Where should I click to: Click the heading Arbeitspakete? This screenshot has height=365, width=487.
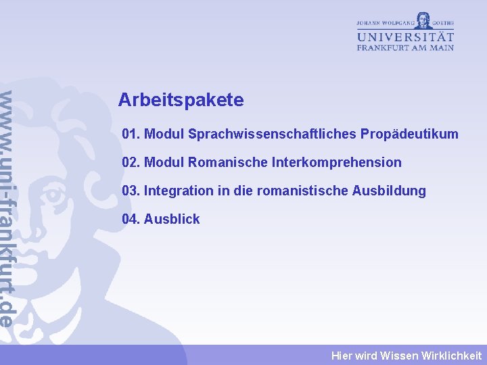coord(181,101)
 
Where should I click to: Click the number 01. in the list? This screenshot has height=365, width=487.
coord(131,135)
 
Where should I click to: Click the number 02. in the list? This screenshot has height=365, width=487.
coord(131,163)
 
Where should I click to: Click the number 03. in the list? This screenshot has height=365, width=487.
coord(131,191)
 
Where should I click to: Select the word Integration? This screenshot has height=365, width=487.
coord(179,191)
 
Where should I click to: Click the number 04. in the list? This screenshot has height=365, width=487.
coord(131,220)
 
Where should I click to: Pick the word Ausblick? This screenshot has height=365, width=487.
coord(172,220)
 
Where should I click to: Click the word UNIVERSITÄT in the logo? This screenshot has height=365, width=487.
coord(405,36)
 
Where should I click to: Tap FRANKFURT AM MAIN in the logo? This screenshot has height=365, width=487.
coord(405,48)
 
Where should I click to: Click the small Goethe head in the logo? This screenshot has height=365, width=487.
coord(424,19)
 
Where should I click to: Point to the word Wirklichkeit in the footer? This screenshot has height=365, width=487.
coord(451,356)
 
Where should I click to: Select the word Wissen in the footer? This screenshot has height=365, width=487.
coord(399,356)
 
